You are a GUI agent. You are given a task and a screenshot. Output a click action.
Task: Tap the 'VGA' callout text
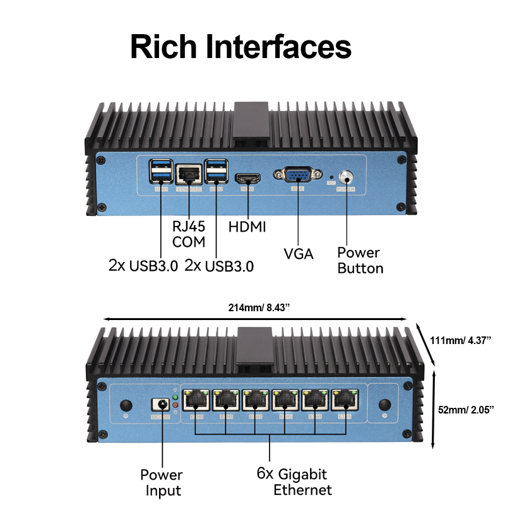[299, 254]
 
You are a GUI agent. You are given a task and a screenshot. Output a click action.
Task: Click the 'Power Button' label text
[360, 260]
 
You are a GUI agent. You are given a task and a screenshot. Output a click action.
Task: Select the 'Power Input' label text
[161, 482]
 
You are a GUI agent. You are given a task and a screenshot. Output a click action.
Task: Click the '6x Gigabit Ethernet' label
[293, 482]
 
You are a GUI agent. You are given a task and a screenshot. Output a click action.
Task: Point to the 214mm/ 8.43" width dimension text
[259, 308]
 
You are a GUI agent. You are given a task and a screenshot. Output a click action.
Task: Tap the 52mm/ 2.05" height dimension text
[466, 410]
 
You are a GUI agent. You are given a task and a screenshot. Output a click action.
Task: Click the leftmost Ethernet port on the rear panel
[196, 400]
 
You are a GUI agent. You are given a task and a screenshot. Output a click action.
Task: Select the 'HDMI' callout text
[247, 227]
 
